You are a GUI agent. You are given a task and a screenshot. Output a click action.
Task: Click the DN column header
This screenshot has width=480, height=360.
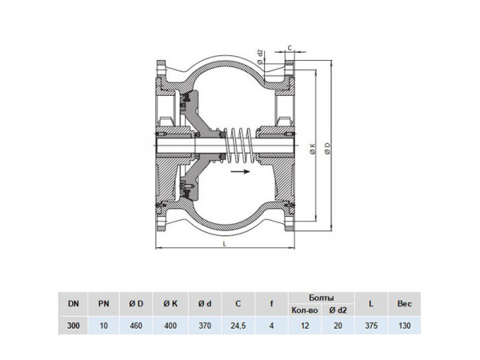point(73,303)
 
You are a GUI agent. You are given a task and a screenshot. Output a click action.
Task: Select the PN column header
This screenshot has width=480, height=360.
point(104,303)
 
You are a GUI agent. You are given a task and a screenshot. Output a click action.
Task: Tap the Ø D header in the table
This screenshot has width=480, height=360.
point(136,303)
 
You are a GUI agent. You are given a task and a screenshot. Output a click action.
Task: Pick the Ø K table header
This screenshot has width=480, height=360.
point(169,303)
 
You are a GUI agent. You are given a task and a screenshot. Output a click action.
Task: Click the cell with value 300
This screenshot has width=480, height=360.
point(73,326)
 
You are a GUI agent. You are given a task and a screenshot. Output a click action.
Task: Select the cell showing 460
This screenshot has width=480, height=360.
point(136,326)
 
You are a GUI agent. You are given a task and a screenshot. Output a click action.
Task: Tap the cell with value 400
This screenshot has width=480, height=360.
point(169,326)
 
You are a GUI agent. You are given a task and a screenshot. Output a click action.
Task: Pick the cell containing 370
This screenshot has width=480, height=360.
point(204,326)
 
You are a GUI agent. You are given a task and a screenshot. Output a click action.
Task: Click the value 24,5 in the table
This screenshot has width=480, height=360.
point(238,326)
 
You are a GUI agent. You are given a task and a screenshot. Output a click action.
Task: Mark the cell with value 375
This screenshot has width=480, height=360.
point(371,326)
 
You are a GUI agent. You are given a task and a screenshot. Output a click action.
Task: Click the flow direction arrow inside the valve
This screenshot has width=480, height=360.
point(239,170)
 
